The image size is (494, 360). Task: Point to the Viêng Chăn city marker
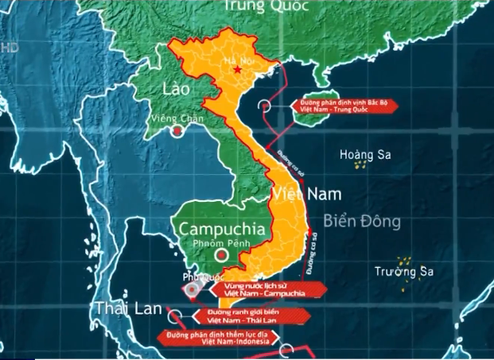177,134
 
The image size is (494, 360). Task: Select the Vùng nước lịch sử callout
261,290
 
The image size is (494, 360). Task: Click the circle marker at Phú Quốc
191,291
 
